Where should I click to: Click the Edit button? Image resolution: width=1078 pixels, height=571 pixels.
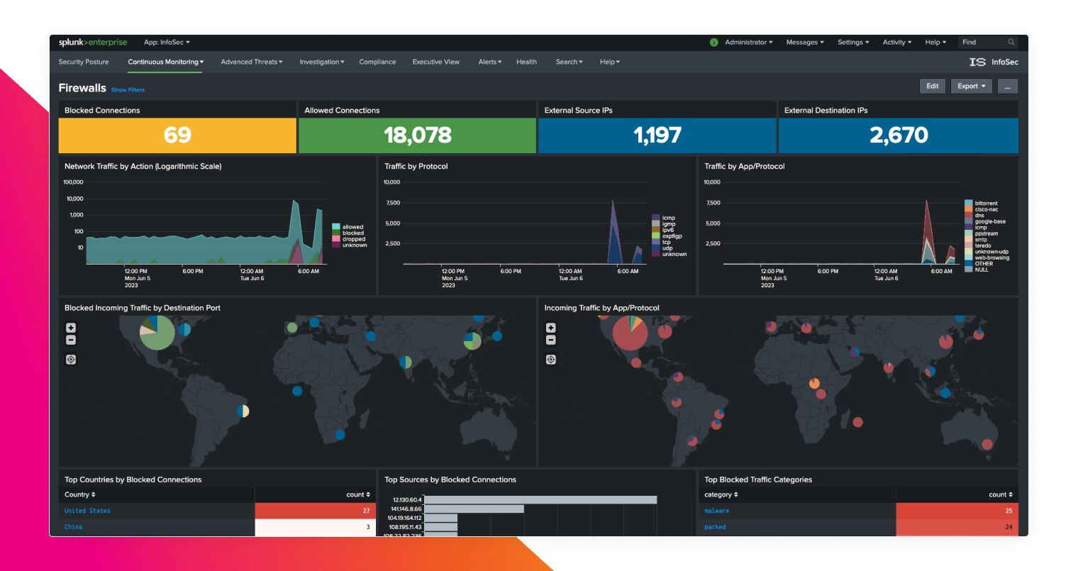932,86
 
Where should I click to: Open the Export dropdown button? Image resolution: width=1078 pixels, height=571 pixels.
971,86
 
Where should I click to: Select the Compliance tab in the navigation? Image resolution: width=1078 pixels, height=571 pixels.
377,62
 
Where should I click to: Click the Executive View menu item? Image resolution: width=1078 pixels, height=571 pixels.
435,62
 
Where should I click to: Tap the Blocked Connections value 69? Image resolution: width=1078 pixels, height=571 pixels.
177,135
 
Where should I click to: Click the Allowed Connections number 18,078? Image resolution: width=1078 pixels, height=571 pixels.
417,135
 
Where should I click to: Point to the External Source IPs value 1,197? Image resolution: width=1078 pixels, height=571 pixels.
657,135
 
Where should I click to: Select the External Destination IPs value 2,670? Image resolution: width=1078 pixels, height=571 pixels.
899,135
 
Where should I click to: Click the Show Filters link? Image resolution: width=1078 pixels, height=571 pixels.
128,90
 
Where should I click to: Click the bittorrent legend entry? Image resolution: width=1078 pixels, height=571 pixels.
985,204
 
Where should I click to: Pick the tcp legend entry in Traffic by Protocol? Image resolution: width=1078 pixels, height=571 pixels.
666,242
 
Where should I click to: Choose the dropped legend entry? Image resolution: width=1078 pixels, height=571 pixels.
353,239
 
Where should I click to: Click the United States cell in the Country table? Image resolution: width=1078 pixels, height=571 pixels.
87,511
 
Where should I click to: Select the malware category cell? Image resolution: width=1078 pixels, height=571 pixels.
716,511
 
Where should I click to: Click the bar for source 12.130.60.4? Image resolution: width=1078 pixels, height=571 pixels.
540,499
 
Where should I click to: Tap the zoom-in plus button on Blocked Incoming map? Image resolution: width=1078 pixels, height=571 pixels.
71,328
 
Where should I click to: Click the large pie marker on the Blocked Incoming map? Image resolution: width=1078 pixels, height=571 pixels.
157,332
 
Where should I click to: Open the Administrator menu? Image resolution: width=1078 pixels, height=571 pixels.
748,43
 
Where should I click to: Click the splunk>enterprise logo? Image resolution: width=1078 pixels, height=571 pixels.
93,43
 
